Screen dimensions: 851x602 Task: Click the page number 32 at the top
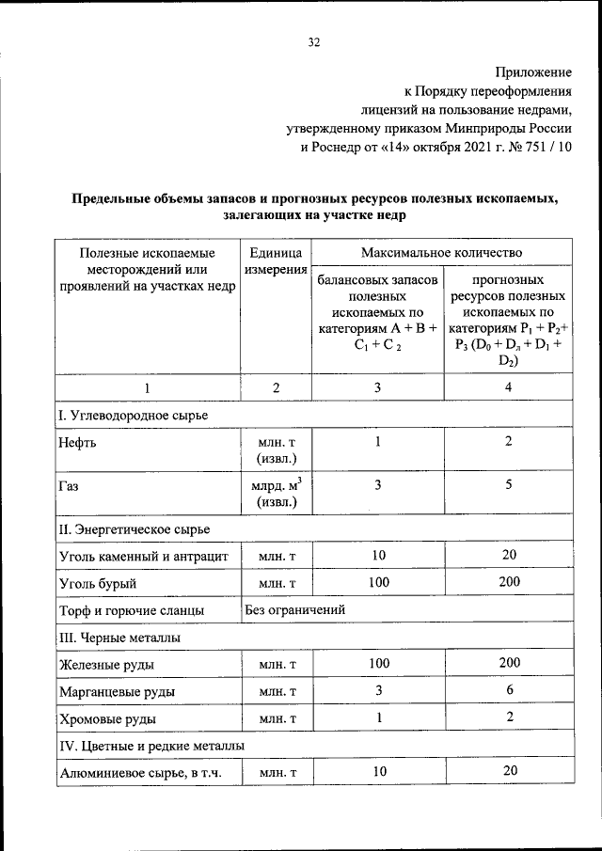click(x=314, y=41)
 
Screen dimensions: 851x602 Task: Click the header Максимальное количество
click(x=442, y=252)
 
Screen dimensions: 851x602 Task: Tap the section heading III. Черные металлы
click(x=119, y=637)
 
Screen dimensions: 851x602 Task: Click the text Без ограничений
click(x=296, y=610)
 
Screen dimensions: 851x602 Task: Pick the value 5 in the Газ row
click(x=508, y=485)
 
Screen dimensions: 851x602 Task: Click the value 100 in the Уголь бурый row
click(x=378, y=582)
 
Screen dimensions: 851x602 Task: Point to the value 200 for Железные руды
click(x=509, y=663)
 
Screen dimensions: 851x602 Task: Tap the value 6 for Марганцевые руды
click(x=508, y=690)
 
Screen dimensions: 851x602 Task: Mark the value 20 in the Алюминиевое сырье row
click(x=509, y=771)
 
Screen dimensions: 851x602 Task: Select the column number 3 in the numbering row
click(x=378, y=387)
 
